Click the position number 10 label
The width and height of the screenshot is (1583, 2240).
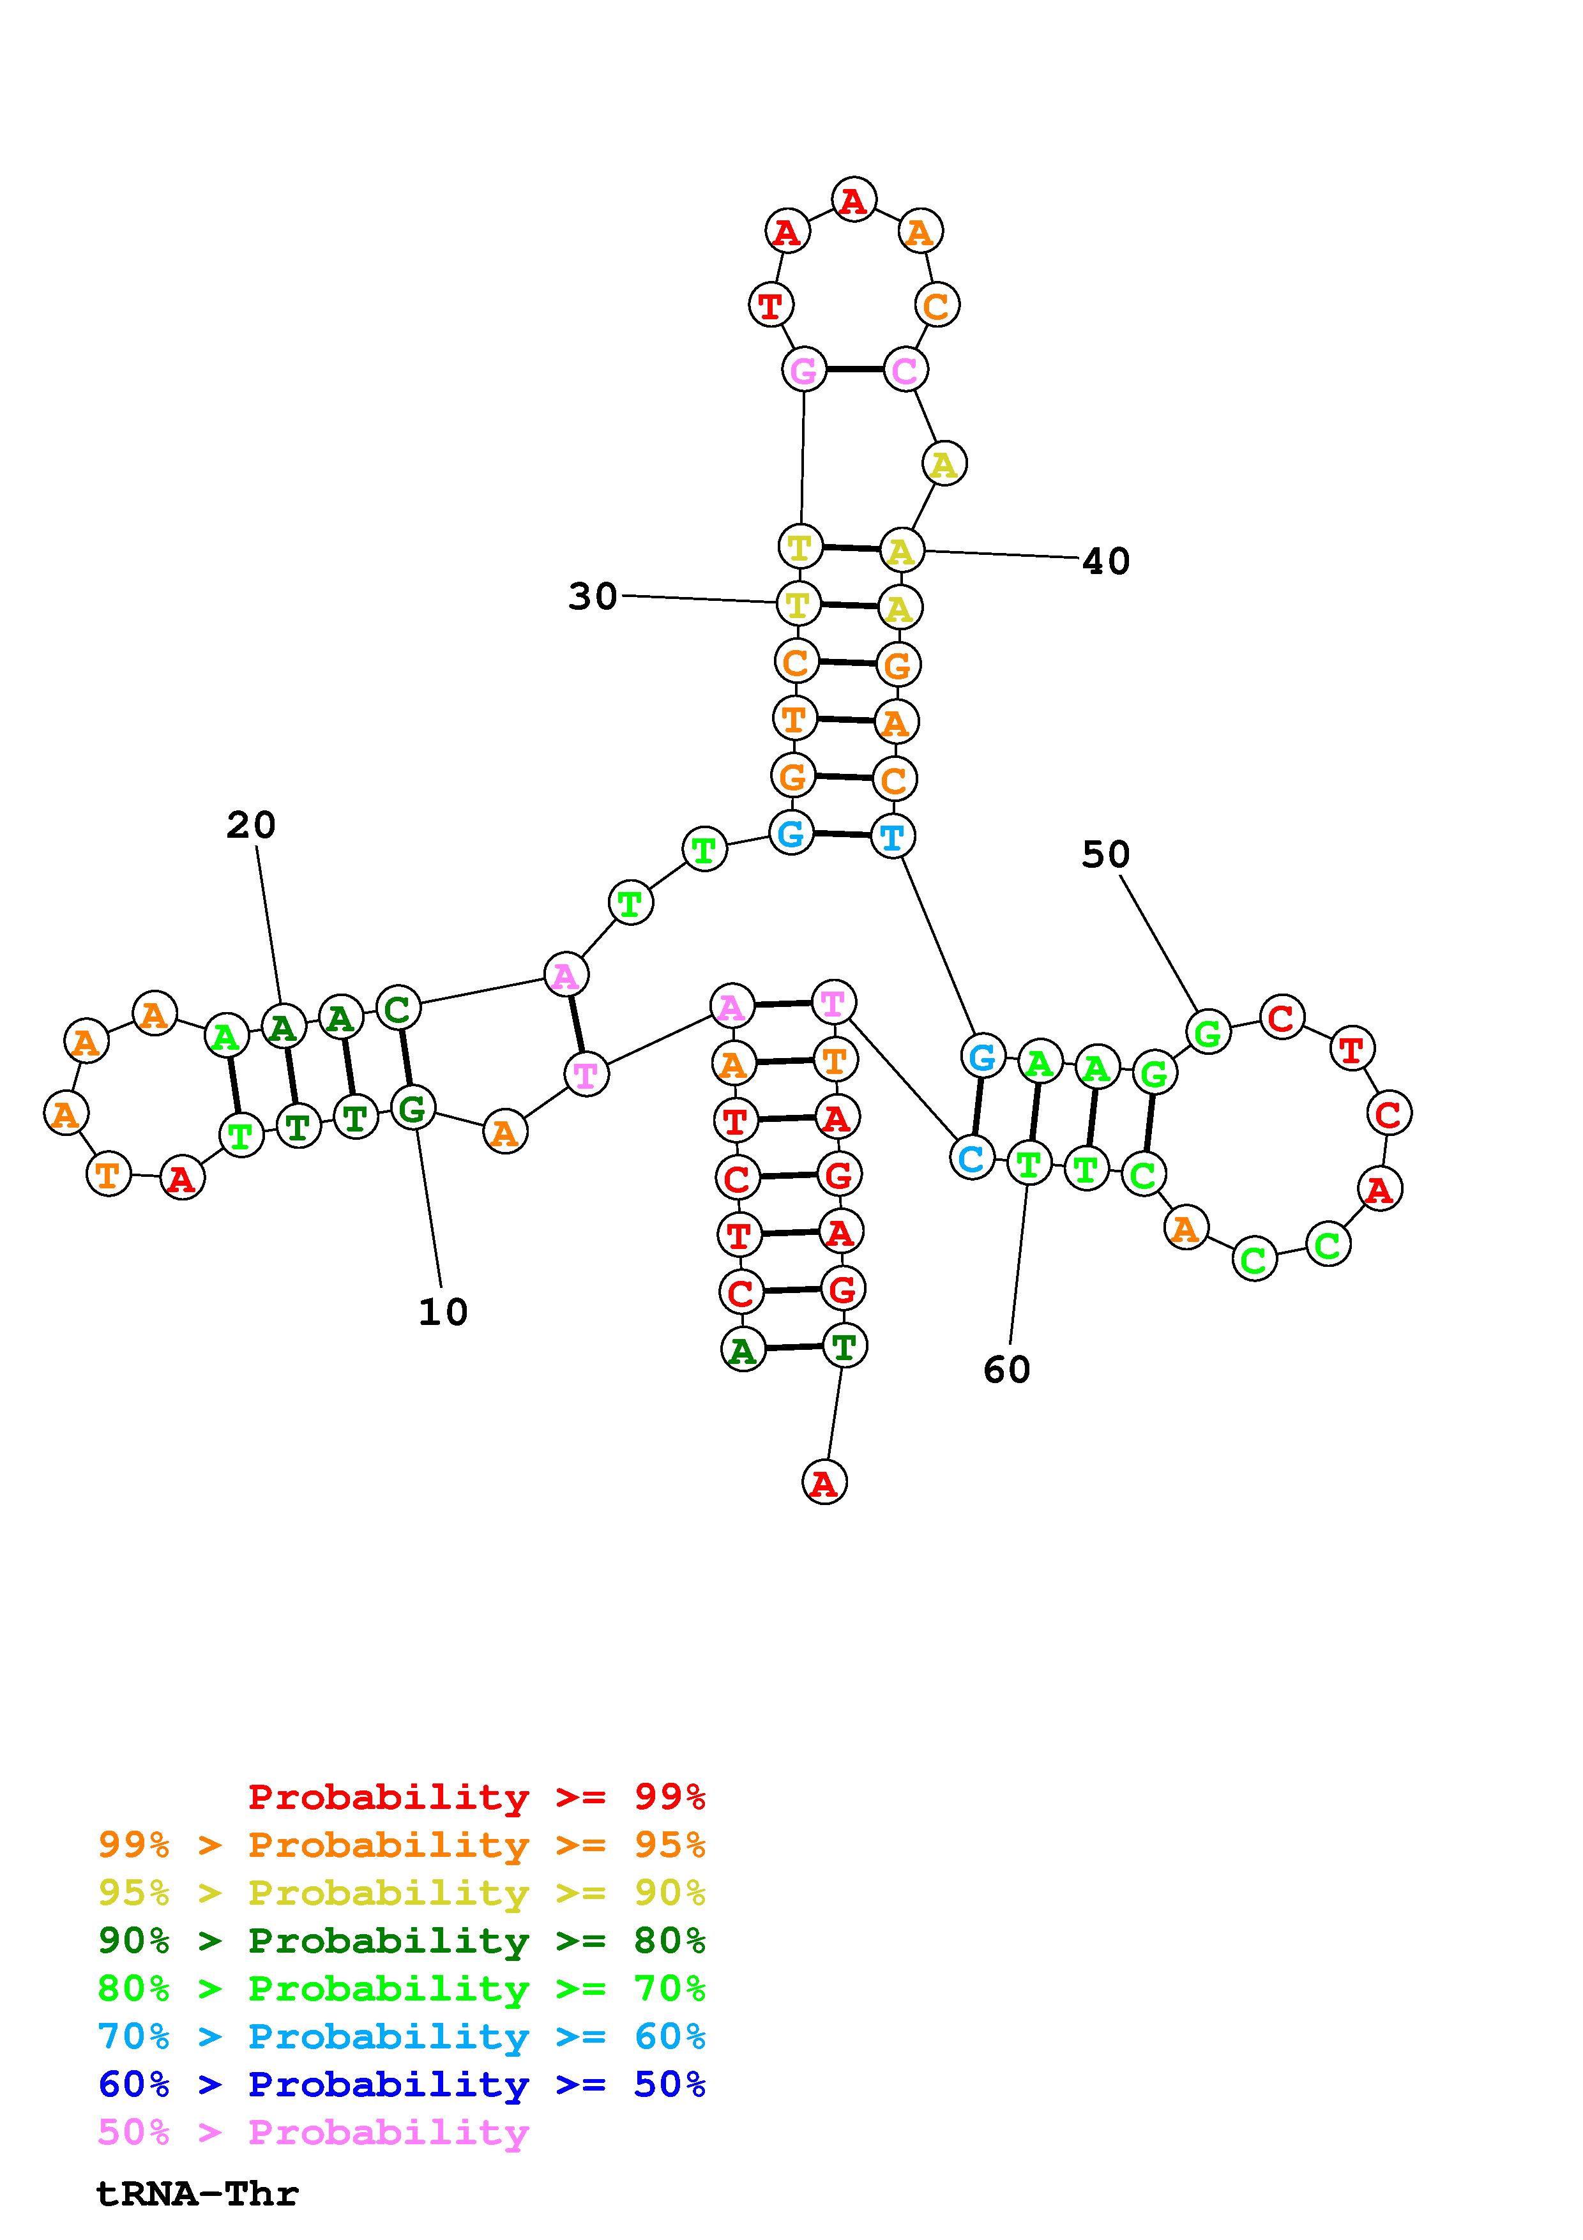pos(443,1312)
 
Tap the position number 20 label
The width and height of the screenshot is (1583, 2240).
pos(251,826)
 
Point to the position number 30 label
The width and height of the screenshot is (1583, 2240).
pos(593,596)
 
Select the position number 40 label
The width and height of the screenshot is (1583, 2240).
pos(1106,561)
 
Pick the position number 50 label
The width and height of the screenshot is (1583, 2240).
pos(1105,854)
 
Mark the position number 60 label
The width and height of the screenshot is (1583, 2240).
pos(1006,1370)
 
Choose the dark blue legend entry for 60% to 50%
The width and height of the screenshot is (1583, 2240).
pos(402,2084)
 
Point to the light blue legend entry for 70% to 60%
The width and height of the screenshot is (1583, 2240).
pos(402,2036)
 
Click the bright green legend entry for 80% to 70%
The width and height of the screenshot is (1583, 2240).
pos(402,1988)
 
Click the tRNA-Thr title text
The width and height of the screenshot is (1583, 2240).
pos(197,2194)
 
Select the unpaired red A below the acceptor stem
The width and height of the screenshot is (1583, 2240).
pos(824,1483)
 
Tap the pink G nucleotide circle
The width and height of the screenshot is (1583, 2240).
pos(804,370)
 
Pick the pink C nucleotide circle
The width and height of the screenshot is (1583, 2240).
pos(905,370)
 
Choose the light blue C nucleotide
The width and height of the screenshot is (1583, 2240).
pos(971,1158)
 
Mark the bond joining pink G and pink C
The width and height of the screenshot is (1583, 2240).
pos(854,370)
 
